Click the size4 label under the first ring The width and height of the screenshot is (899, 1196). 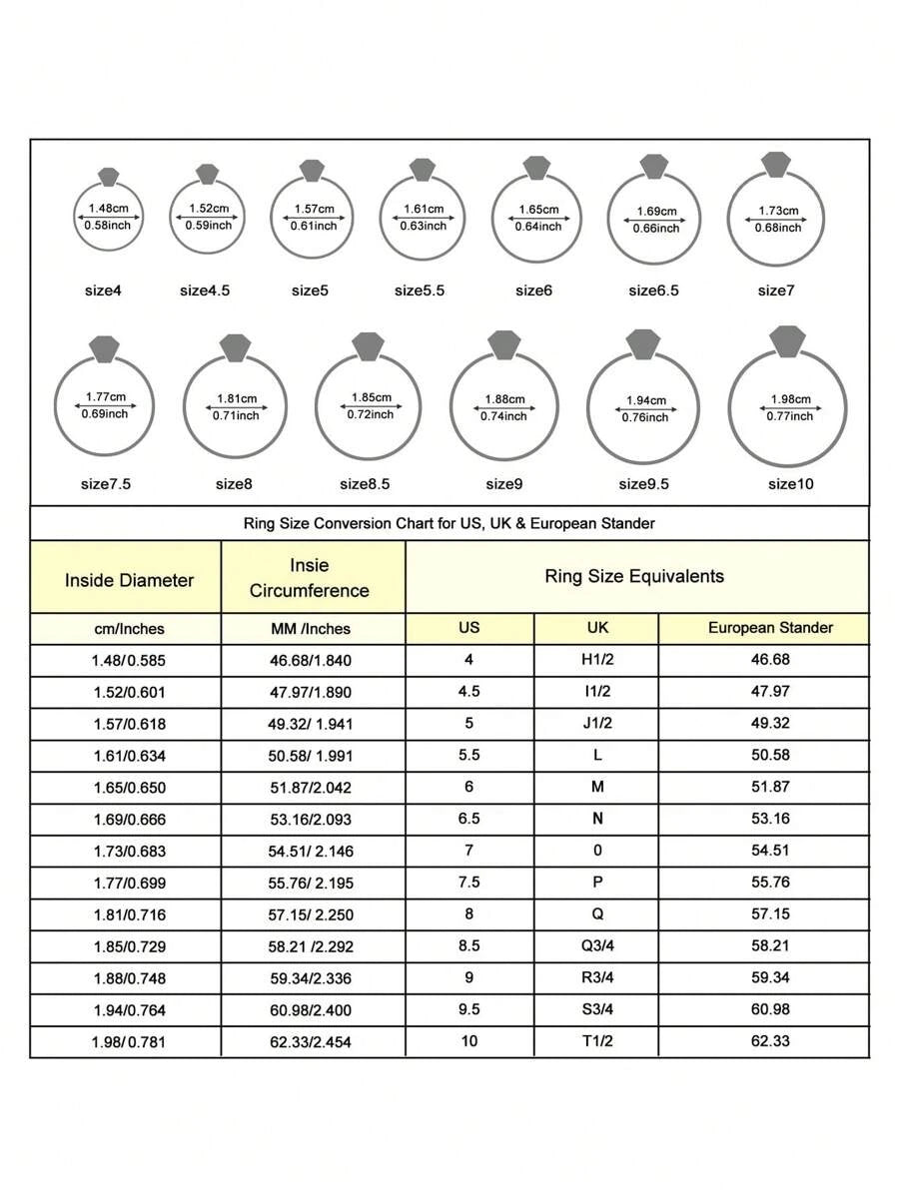103,291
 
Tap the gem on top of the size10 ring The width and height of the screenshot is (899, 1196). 788,340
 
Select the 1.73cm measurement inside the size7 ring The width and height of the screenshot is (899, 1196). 778,211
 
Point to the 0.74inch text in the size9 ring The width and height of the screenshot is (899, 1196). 503,415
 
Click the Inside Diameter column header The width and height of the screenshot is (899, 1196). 129,580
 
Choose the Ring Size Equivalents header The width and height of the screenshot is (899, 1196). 634,576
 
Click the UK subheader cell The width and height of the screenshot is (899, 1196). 597,628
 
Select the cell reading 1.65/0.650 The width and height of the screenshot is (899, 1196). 129,787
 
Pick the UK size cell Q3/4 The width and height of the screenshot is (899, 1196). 597,946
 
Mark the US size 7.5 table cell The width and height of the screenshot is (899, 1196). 469,883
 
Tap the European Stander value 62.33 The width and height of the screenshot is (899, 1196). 770,1041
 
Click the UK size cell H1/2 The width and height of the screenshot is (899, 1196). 597,660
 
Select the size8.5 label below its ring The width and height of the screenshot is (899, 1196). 365,484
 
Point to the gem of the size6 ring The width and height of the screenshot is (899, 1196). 536,168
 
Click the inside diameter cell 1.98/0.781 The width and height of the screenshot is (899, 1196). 129,1041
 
